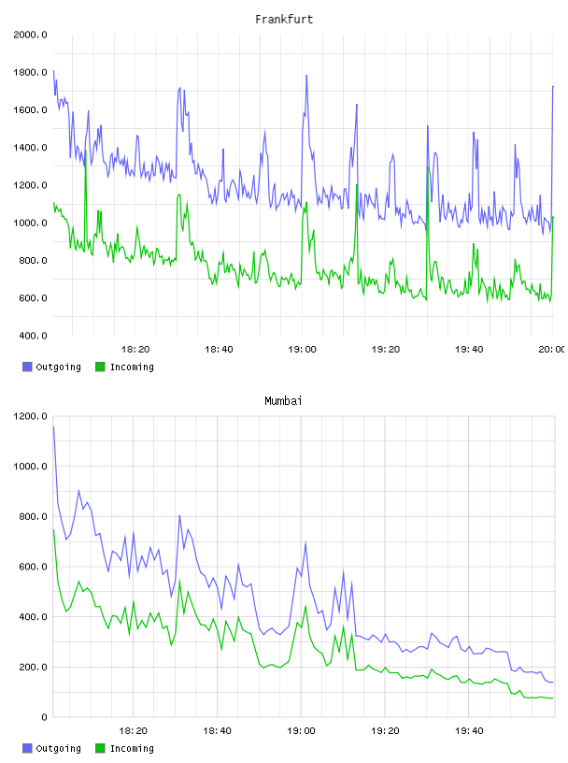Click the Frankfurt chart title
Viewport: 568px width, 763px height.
pyautogui.click(x=284, y=20)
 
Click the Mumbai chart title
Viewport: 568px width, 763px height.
pyautogui.click(x=283, y=401)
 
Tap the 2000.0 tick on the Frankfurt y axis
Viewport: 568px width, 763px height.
pyautogui.click(x=30, y=35)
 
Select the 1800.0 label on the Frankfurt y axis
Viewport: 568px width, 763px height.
pyautogui.click(x=30, y=73)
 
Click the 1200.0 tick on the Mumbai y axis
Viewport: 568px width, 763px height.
pyautogui.click(x=30, y=416)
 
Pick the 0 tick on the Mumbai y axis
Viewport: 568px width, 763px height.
pyautogui.click(x=44, y=717)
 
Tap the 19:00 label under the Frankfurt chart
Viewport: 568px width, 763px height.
pyautogui.click(x=302, y=350)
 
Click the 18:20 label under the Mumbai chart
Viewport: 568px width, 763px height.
pyautogui.click(x=133, y=731)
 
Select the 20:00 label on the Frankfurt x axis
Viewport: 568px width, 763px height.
pyautogui.click(x=552, y=350)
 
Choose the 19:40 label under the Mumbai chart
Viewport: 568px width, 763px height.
pyautogui.click(x=469, y=731)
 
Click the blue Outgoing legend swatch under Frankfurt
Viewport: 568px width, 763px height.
pyautogui.click(x=27, y=367)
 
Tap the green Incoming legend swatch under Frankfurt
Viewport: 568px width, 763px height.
pyautogui.click(x=100, y=367)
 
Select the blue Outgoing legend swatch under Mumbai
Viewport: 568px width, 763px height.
pyautogui.click(x=27, y=748)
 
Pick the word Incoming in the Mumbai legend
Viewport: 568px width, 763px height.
pyautogui.click(x=132, y=748)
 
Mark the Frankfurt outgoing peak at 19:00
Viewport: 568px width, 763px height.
pyautogui.click(x=306, y=76)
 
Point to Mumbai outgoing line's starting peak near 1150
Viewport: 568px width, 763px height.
pyautogui.click(x=53, y=426)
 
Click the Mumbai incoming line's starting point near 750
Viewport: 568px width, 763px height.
pyautogui.click(x=53, y=529)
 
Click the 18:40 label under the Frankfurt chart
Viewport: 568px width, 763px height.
pyautogui.click(x=219, y=350)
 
